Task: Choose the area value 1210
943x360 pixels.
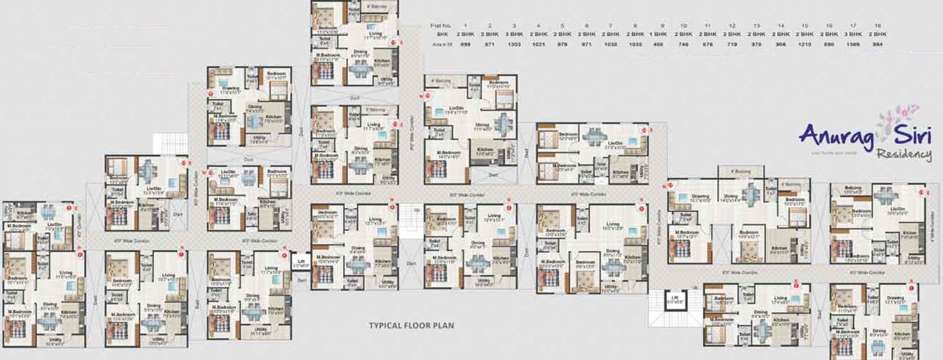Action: [805, 44]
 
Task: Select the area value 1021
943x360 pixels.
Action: [539, 44]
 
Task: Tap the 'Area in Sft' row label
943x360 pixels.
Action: [442, 44]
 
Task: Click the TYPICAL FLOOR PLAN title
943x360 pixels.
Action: [412, 326]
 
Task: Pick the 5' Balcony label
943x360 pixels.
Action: [375, 109]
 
